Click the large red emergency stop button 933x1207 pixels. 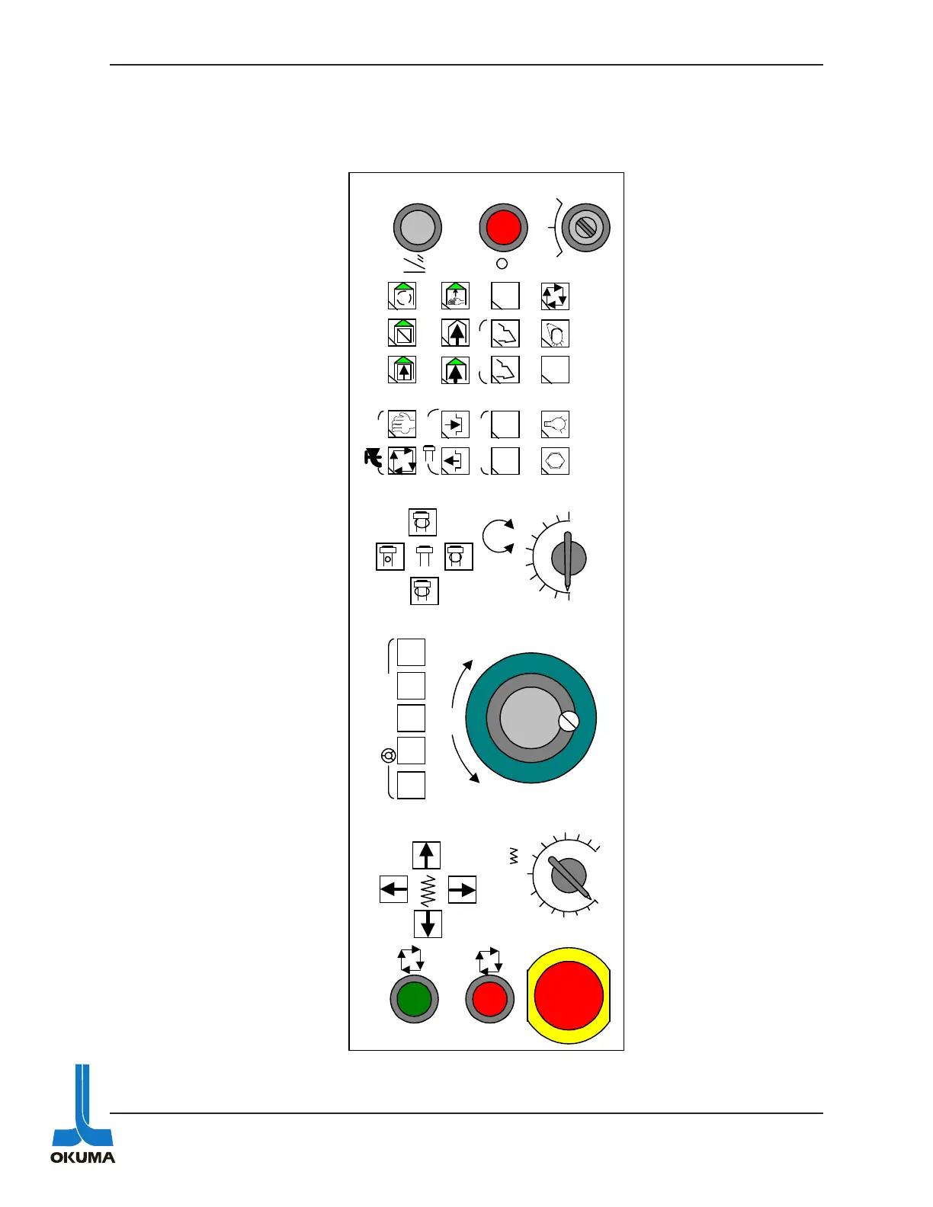[569, 995]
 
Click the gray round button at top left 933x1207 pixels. [418, 227]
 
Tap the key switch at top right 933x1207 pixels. [585, 227]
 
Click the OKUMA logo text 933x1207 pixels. [82, 1157]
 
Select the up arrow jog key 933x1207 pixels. [426, 855]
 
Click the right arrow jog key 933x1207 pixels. [462, 889]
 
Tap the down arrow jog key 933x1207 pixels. [428, 924]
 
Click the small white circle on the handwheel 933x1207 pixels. [569, 721]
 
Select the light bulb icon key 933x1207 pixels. [555, 424]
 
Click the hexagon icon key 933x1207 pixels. [555, 461]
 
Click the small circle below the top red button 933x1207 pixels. [502, 264]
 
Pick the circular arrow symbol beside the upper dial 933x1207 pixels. [499, 536]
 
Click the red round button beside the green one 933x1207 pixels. [489, 999]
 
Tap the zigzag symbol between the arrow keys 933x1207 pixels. [428, 889]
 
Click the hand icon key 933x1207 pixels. [402, 424]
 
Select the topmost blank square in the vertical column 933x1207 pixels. [411, 652]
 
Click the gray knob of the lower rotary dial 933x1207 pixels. [569, 876]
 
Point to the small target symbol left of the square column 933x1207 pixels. [388, 756]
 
